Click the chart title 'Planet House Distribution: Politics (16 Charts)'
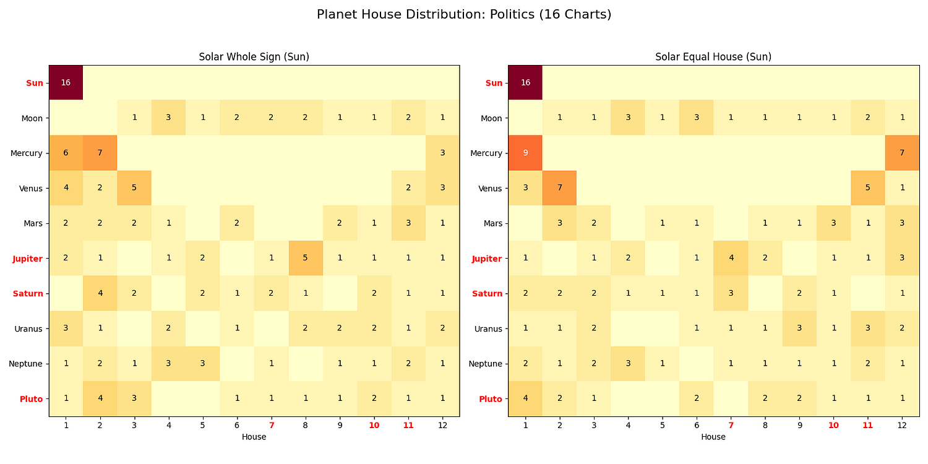pyautogui.click(x=463, y=14)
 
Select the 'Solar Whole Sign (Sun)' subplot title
pyautogui.click(x=254, y=57)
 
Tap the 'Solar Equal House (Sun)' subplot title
pyautogui.click(x=713, y=57)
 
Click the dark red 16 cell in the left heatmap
pyautogui.click(x=66, y=83)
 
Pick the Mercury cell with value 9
pyautogui.click(x=525, y=153)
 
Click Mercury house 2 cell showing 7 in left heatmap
pyautogui.click(x=100, y=153)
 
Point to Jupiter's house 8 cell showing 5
pyautogui.click(x=305, y=258)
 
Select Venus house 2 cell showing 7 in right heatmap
pyautogui.click(x=559, y=188)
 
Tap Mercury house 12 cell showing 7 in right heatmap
pyautogui.click(x=902, y=153)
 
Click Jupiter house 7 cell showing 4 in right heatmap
pyautogui.click(x=731, y=258)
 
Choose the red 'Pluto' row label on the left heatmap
pyautogui.click(x=31, y=399)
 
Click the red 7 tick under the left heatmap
pyautogui.click(x=271, y=426)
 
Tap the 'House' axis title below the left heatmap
pyautogui.click(x=254, y=437)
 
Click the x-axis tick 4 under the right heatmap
pyautogui.click(x=628, y=426)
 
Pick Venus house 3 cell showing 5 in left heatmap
pyautogui.click(x=134, y=188)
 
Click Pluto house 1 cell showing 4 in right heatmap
pyautogui.click(x=525, y=399)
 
